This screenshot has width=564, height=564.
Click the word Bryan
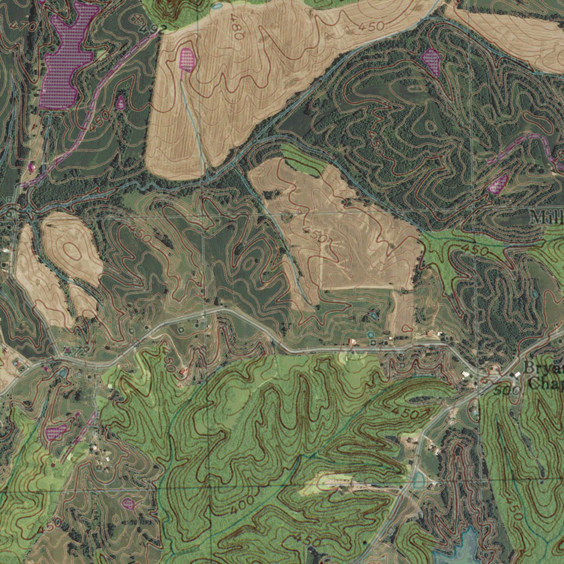click(x=543, y=367)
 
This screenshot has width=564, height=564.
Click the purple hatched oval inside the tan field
click(x=187, y=59)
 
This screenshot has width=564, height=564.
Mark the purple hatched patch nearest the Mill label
click(x=498, y=184)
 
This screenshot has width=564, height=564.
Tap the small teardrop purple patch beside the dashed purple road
click(x=120, y=102)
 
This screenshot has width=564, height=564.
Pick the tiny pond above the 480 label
click(x=216, y=6)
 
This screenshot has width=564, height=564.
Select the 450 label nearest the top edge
click(x=371, y=25)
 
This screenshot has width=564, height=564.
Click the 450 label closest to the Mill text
click(x=475, y=250)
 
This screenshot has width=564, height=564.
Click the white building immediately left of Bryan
click(x=517, y=375)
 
